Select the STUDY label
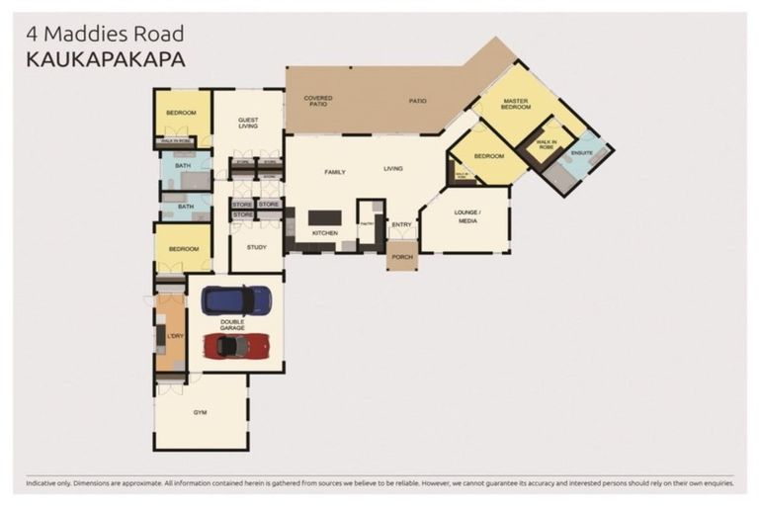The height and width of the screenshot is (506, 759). (x=257, y=248)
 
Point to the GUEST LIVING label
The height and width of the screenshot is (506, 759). (x=248, y=124)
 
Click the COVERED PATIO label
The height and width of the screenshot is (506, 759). (x=317, y=101)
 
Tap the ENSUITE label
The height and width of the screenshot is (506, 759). (x=582, y=153)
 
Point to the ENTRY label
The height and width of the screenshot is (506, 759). (x=401, y=224)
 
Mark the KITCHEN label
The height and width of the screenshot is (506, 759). (x=324, y=233)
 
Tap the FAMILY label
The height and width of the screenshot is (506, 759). (x=335, y=172)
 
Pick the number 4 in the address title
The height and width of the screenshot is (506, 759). (x=32, y=35)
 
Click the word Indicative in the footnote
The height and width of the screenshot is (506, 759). (x=43, y=483)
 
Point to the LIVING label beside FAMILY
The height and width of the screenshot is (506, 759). (x=393, y=169)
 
